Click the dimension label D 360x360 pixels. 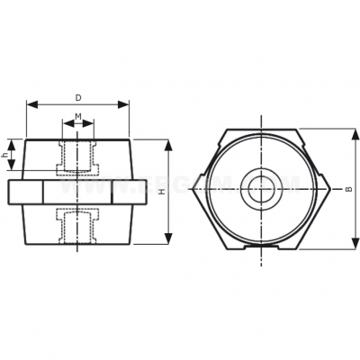(78, 96)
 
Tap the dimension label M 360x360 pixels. (78, 116)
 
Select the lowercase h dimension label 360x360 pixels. (6, 154)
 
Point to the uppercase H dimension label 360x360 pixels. (161, 192)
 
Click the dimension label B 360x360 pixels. (348, 189)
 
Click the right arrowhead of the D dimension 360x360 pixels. (127, 104)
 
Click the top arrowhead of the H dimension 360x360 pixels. (169, 143)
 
